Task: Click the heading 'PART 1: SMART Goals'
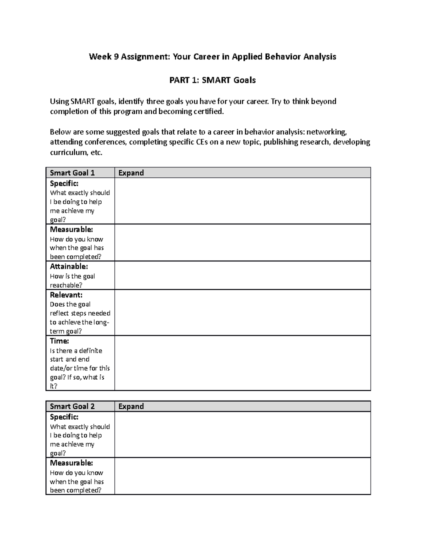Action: point(212,80)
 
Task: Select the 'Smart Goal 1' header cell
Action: point(72,173)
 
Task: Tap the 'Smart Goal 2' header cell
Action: point(72,406)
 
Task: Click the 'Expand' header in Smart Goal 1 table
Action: point(131,173)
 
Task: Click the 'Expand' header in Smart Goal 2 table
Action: point(131,406)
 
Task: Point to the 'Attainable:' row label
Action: point(69,266)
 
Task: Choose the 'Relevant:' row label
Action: point(66,295)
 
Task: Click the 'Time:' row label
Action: point(59,341)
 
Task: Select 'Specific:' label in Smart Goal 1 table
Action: point(64,183)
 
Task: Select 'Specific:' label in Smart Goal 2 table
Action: point(64,417)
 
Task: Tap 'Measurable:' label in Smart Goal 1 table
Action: point(72,229)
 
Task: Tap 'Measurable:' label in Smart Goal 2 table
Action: point(72,463)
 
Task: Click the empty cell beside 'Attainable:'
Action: point(242,276)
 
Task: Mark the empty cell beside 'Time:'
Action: point(242,363)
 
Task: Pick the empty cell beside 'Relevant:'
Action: point(242,312)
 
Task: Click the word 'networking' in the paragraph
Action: point(326,132)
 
